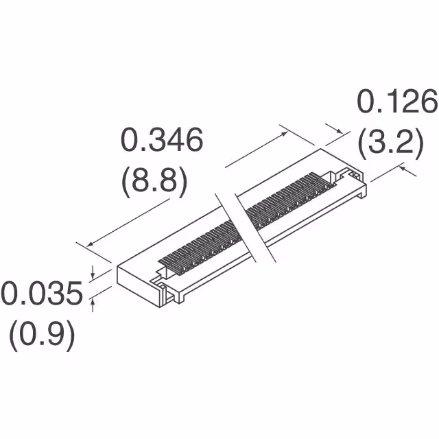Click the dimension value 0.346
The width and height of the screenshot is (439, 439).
pyautogui.click(x=162, y=141)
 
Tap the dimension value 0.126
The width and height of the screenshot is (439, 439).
pyautogui.click(x=396, y=103)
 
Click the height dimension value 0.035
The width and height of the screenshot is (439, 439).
pyautogui.click(x=41, y=295)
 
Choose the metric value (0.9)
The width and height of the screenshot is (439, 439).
pyautogui.click(x=41, y=335)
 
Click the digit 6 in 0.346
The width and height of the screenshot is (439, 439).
pyautogui.click(x=191, y=141)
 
